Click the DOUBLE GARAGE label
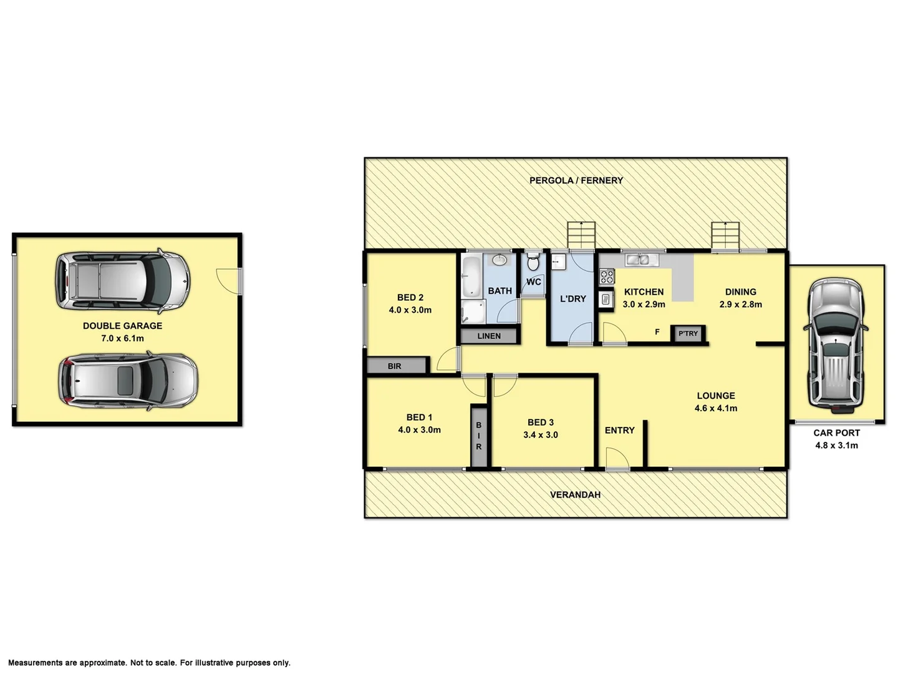(x=122, y=326)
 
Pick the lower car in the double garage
(x=128, y=381)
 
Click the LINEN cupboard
(x=489, y=336)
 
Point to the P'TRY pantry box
(x=688, y=334)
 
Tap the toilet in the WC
(x=533, y=262)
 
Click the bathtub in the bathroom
(x=470, y=276)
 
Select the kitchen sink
(x=637, y=260)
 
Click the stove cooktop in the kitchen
(x=606, y=276)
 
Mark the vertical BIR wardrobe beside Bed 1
(x=479, y=436)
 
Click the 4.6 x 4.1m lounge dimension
(x=716, y=409)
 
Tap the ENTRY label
(x=619, y=430)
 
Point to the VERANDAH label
(x=575, y=494)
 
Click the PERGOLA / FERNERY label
(x=576, y=180)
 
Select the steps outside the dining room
(x=727, y=235)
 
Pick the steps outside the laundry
(x=581, y=235)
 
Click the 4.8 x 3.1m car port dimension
(x=836, y=446)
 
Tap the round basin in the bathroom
(x=500, y=260)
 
